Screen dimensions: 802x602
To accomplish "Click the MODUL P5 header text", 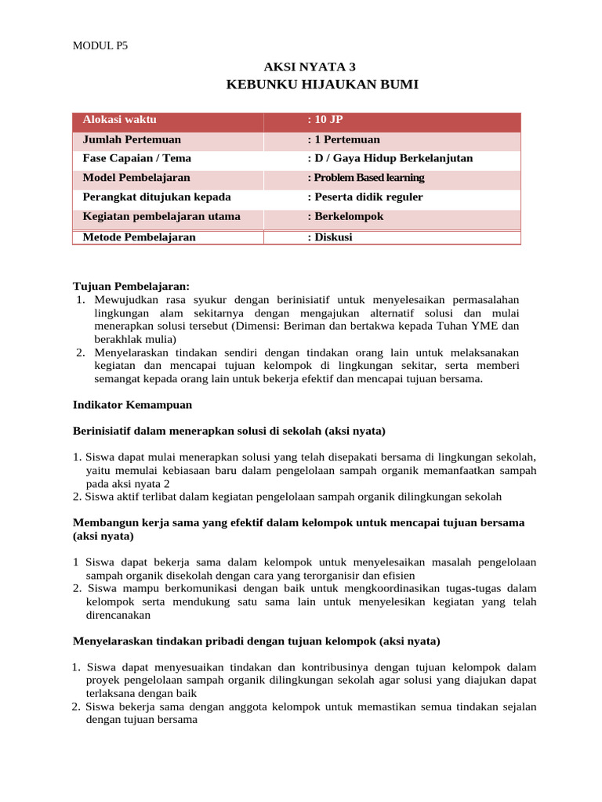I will (100, 45).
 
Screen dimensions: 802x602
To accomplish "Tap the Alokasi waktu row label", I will (120, 120).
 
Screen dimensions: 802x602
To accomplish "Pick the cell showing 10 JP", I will (325, 120).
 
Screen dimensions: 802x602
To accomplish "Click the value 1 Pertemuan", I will (343, 139).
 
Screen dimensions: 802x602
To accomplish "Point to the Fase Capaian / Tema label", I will (137, 158).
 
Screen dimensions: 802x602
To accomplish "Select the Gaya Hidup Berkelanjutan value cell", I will (390, 158).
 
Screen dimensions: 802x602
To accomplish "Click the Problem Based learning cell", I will (365, 178).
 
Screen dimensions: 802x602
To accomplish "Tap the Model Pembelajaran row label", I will (136, 178).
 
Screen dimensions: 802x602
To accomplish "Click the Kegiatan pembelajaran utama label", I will (161, 216).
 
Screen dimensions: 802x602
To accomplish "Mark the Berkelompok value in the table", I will (345, 216).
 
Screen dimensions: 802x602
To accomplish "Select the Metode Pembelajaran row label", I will (140, 237).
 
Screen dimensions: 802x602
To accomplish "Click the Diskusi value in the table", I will (329, 237).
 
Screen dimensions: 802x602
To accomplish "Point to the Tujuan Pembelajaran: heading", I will (131, 287).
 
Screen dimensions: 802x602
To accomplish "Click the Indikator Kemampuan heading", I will (132, 405).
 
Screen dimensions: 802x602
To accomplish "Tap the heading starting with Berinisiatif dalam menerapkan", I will (229, 431).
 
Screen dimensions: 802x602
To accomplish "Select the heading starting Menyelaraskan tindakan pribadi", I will (256, 641).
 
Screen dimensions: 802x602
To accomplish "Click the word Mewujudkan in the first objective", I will (127, 300).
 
